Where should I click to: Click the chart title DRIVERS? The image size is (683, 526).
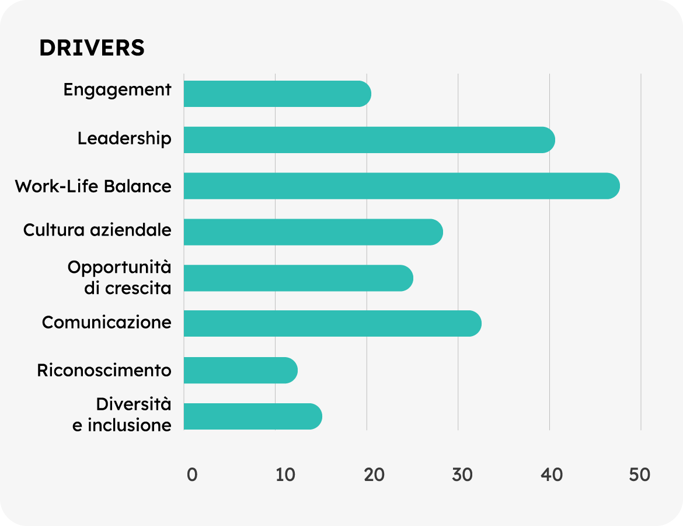tap(92, 49)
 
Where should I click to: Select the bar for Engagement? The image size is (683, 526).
tap(277, 94)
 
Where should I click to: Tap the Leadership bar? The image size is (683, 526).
tap(369, 140)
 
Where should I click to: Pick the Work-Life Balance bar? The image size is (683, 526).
tap(402, 186)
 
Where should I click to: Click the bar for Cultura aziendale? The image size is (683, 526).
tap(313, 232)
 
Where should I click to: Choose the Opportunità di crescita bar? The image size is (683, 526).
tap(298, 278)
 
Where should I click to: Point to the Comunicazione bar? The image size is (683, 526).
tap(332, 324)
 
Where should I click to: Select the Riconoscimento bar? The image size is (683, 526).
tap(241, 370)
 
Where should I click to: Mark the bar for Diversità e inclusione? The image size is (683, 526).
tap(253, 416)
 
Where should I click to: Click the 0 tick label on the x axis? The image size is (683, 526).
tap(192, 475)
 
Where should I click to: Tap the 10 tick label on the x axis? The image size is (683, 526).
tap(285, 475)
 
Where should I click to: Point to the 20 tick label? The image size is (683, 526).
tap(374, 475)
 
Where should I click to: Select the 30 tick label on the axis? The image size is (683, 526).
tap(462, 475)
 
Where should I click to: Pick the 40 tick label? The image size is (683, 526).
tap(552, 475)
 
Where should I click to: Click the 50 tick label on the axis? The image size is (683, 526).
tap(640, 475)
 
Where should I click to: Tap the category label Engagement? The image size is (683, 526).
tap(117, 91)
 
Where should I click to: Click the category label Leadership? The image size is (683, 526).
tap(124, 139)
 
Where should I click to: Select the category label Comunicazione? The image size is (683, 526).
tap(107, 323)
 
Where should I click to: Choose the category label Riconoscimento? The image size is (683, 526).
tap(104, 371)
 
